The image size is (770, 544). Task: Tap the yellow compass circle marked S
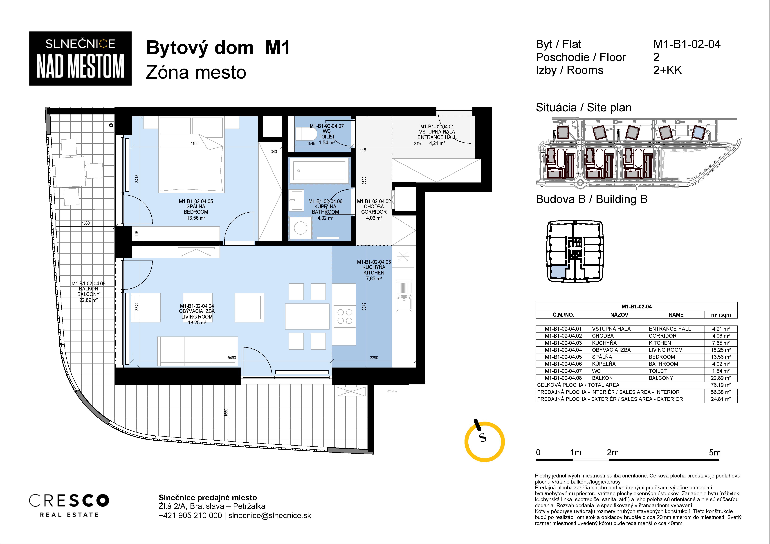pyautogui.click(x=484, y=442)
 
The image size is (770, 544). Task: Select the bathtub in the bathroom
pyautogui.click(x=319, y=171)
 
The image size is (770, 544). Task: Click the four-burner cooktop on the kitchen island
pyautogui.click(x=344, y=316)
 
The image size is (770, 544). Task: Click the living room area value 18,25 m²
pyautogui.click(x=197, y=322)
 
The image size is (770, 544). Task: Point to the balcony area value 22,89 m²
pyautogui.click(x=88, y=300)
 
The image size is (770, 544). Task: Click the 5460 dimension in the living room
pyautogui.click(x=232, y=358)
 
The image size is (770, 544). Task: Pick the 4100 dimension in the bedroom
pyautogui.click(x=194, y=143)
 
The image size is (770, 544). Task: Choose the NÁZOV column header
pyautogui.click(x=619, y=315)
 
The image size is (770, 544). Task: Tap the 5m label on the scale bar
pyautogui.click(x=715, y=453)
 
